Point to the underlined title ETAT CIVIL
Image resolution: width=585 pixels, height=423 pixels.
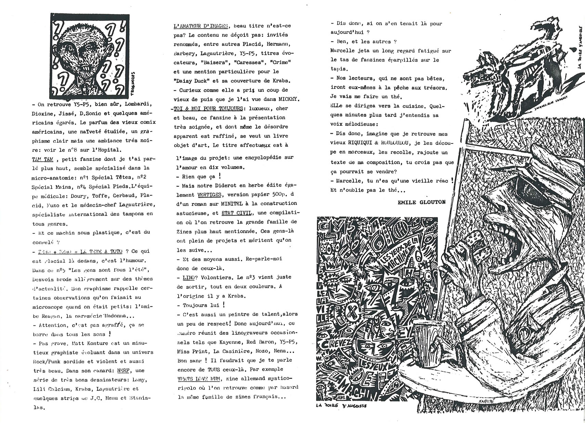coord(236,213)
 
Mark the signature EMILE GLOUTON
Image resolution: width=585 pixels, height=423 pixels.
coord(421,202)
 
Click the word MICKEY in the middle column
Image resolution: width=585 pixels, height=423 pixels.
coord(288,100)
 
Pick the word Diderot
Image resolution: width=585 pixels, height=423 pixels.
coord(220,185)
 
